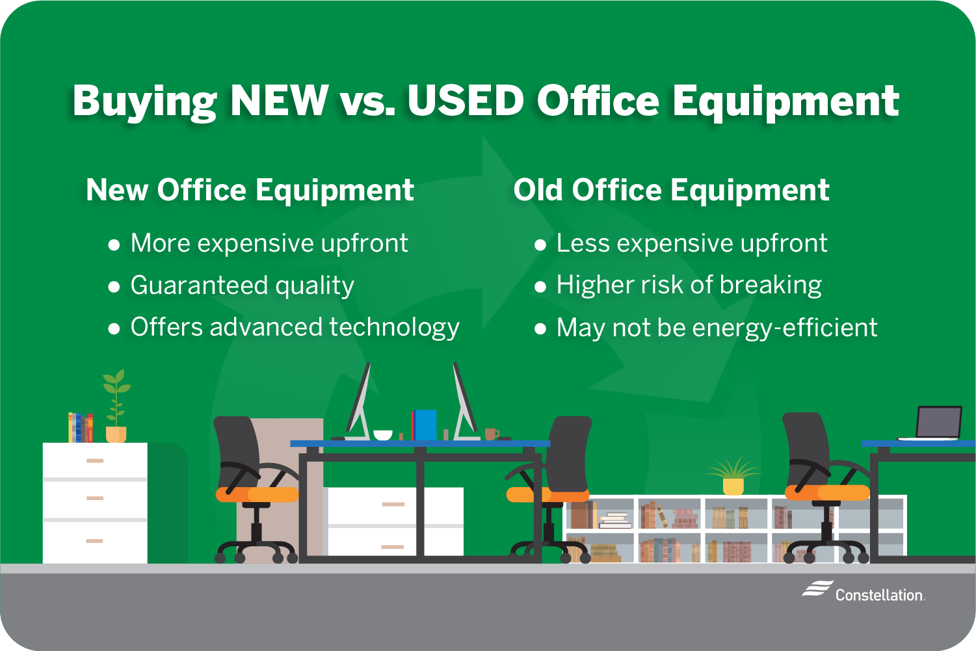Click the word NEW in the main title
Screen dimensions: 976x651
(x=280, y=100)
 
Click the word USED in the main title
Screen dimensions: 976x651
(x=465, y=100)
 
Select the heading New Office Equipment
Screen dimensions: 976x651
(x=250, y=191)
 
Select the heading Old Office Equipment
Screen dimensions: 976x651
(x=672, y=191)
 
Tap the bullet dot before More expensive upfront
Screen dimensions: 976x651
(x=114, y=245)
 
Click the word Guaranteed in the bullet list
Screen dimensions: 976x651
(x=199, y=286)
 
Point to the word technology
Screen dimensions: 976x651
(x=394, y=328)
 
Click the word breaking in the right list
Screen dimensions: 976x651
(x=771, y=286)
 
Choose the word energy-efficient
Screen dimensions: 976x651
(x=784, y=328)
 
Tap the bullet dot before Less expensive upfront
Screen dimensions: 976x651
(x=540, y=245)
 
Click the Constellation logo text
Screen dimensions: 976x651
(x=879, y=595)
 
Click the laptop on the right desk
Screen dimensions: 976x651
(x=932, y=423)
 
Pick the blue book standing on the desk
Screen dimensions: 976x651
(x=425, y=425)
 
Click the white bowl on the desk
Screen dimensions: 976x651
(x=383, y=435)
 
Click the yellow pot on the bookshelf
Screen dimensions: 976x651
(x=733, y=486)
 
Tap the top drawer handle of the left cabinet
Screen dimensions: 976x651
(x=94, y=460)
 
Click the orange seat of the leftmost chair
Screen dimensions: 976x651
(x=257, y=494)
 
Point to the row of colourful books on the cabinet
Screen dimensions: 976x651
(x=81, y=428)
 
